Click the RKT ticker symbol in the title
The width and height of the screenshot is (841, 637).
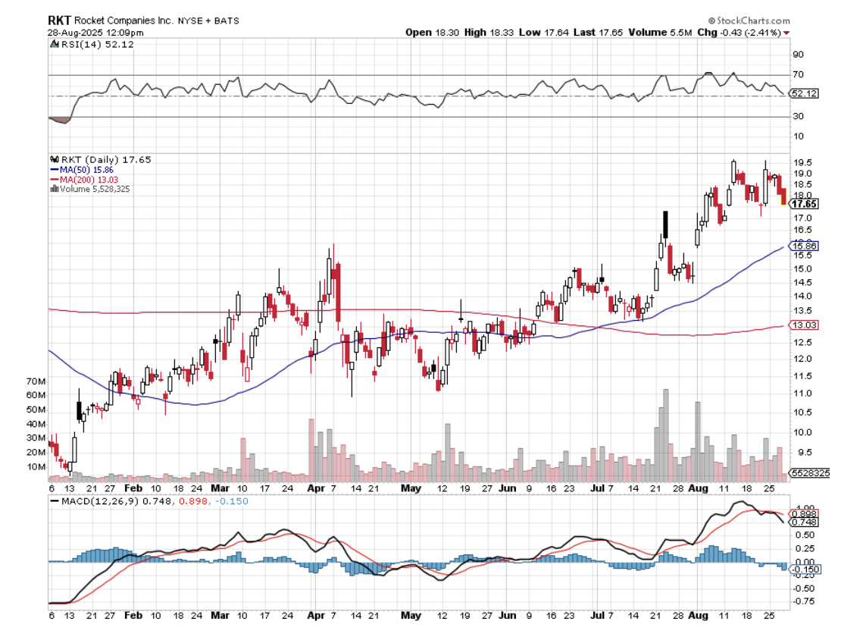point(60,20)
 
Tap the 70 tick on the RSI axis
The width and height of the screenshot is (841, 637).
point(798,75)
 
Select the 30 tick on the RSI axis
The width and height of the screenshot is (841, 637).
point(798,116)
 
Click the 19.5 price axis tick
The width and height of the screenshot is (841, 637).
point(802,162)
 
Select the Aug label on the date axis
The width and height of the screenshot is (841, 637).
point(697,489)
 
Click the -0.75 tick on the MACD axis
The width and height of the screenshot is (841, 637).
point(802,601)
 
